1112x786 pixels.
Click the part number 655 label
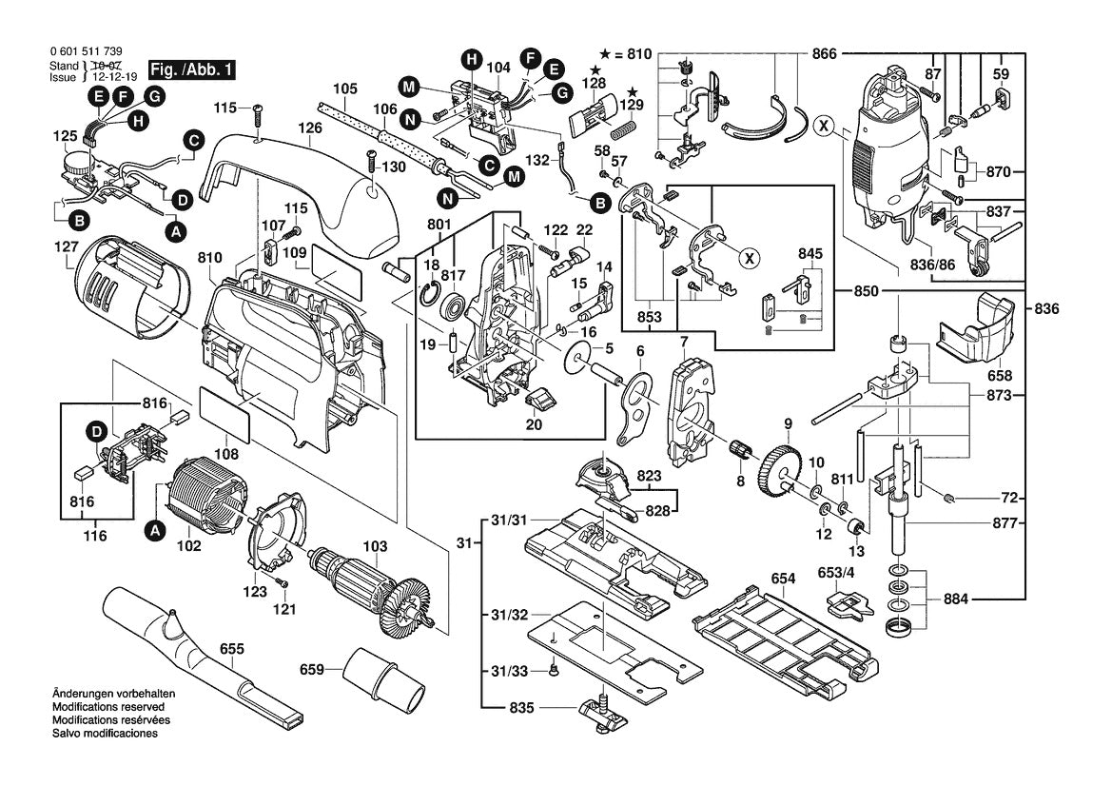pyautogui.click(x=231, y=650)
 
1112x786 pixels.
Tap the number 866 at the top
pyautogui.click(x=825, y=54)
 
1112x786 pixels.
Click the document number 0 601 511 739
pyautogui.click(x=85, y=52)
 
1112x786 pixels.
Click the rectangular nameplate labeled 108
pyautogui.click(x=224, y=416)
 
